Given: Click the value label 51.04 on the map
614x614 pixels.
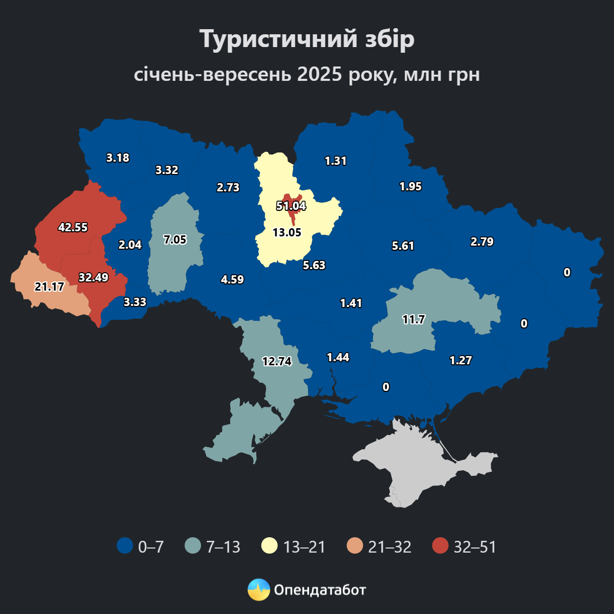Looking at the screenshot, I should pos(291,206).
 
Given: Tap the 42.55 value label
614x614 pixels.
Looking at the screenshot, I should pos(73,227).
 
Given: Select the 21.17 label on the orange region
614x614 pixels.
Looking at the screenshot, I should pos(49,287).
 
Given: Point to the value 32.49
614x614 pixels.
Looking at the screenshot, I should pos(93,277).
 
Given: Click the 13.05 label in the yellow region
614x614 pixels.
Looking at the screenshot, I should pos(287,232).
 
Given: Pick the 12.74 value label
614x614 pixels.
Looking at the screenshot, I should pos(277,361).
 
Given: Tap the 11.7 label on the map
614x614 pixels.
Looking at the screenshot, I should pos(413,320).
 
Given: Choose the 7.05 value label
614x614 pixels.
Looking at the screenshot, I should pos(175,239).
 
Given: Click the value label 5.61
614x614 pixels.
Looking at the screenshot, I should pos(403,246).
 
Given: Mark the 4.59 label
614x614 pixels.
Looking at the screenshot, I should pos(232,279).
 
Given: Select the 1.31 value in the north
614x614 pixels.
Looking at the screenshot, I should pos(336,161).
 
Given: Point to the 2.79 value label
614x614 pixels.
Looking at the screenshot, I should pos(482,242).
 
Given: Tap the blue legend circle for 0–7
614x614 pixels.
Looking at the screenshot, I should pos(125,546).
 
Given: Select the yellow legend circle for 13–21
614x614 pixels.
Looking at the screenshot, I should pos(270,546).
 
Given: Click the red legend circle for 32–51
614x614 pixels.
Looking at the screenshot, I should pos(440,546).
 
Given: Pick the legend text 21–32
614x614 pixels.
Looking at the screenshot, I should pos(389,546).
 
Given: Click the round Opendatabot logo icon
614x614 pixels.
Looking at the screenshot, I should pos(258,590).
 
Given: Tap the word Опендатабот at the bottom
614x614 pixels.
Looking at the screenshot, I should pos(320,590).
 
